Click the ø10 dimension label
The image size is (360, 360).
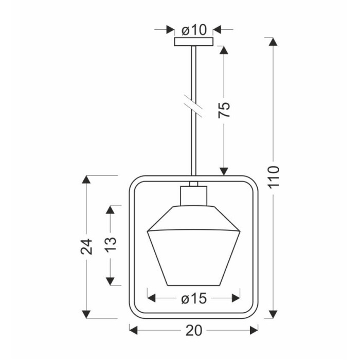click(x=194, y=30)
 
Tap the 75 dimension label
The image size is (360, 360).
click(x=224, y=110)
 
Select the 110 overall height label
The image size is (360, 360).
click(x=274, y=177)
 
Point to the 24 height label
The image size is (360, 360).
click(x=86, y=246)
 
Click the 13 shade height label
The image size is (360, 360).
click(x=111, y=244)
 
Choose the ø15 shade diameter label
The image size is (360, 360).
click(x=194, y=299)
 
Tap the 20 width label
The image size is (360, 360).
click(x=194, y=331)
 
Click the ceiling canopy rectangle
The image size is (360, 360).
click(x=194, y=42)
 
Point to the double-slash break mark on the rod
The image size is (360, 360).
click(x=193, y=105)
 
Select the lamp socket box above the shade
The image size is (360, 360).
click(x=193, y=195)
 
